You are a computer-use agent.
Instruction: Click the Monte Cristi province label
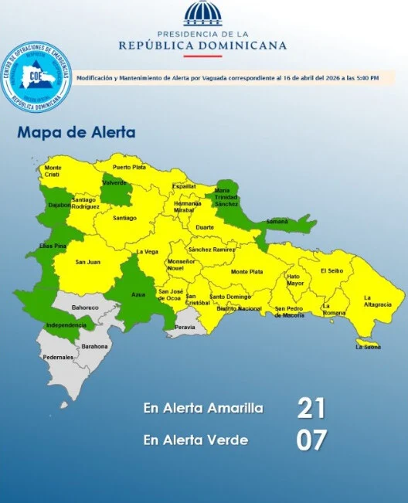click(53, 171)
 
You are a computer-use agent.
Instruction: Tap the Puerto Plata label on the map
click(128, 167)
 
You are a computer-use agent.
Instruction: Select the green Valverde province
click(115, 189)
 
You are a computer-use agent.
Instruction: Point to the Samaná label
click(277, 222)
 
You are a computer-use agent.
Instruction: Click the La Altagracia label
click(378, 301)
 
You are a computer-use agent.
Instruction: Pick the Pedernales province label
click(58, 357)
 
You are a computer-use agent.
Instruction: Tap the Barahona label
click(94, 346)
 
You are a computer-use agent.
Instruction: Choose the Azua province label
click(139, 295)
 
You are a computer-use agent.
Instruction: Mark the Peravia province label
click(185, 327)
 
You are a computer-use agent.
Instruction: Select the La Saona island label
click(368, 347)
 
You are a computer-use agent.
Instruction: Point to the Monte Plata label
click(246, 271)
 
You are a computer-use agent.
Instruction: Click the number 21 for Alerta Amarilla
click(311, 408)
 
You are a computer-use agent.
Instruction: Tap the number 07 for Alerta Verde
click(311, 440)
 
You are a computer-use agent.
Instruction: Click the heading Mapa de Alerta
click(76, 132)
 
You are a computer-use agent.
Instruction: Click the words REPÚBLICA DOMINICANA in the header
click(202, 46)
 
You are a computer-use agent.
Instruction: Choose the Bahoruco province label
click(85, 308)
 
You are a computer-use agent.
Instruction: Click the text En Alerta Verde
click(195, 440)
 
